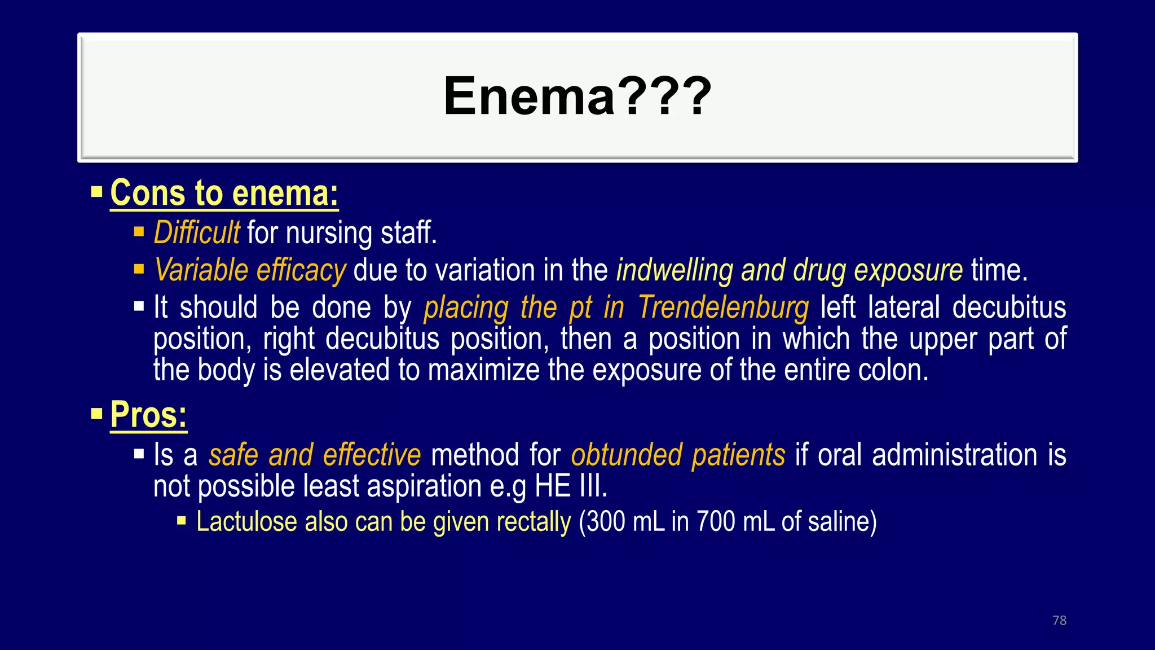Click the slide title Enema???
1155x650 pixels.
pyautogui.click(x=577, y=96)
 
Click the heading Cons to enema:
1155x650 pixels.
pyautogui.click(x=224, y=193)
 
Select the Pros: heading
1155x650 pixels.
pyautogui.click(x=148, y=415)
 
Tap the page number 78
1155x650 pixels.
pyautogui.click(x=1059, y=620)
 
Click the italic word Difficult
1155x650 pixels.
pyautogui.click(x=196, y=232)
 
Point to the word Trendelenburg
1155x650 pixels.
pyautogui.click(x=723, y=308)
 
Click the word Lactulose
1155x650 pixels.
pyautogui.click(x=246, y=521)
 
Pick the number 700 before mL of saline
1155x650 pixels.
pyautogui.click(x=716, y=521)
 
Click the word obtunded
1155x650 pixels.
pyautogui.click(x=626, y=455)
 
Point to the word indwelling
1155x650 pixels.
pyautogui.click(x=674, y=270)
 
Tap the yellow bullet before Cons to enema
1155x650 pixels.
pyautogui.click(x=96, y=192)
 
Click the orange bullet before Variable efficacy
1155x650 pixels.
pyautogui.click(x=139, y=269)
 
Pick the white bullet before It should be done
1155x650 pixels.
pyautogui.click(x=139, y=307)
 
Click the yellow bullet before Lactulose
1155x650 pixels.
pyautogui.click(x=182, y=521)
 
